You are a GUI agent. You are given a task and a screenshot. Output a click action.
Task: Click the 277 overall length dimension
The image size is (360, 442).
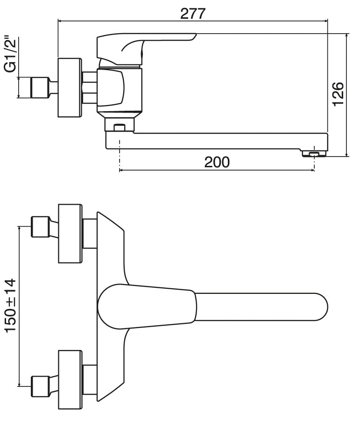193,14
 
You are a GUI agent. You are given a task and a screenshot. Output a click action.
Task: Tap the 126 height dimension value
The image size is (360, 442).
338,94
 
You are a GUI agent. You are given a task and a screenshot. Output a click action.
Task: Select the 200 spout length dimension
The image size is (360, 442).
217,163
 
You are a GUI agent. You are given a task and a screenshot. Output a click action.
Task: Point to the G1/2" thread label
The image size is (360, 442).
11,54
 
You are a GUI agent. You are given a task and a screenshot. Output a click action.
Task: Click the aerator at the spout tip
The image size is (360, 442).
314,153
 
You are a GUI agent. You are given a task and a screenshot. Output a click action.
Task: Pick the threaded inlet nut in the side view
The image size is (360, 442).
40,87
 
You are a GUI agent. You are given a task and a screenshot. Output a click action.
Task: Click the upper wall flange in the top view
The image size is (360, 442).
71,234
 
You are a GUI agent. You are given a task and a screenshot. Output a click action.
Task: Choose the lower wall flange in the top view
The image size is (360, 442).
71,380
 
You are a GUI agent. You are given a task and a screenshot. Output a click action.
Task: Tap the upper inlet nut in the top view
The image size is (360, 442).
40,227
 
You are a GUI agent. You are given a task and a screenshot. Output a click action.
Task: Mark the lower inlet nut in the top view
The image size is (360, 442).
40,386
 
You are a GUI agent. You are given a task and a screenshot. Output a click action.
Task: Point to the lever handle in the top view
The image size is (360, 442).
147,307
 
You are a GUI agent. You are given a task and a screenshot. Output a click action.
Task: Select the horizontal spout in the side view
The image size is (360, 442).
216,141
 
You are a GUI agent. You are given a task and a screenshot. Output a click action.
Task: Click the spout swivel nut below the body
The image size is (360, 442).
120,125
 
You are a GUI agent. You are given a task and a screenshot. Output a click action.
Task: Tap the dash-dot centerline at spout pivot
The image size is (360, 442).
120,156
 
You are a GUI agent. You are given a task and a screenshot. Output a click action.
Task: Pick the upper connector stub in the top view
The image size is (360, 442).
90,234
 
